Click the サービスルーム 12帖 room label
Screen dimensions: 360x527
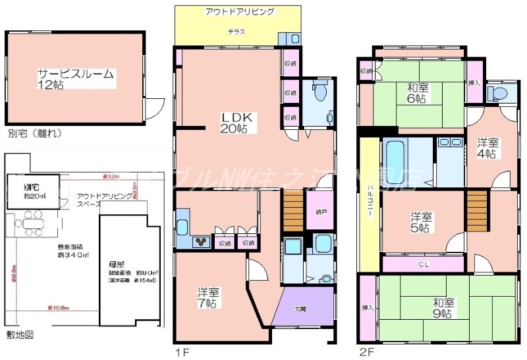click(x=75, y=79)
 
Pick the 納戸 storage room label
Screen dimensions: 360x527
click(x=320, y=212)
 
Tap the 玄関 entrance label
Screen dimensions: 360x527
click(x=300, y=309)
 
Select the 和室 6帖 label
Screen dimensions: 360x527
click(x=416, y=92)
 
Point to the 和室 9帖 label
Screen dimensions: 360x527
click(x=443, y=308)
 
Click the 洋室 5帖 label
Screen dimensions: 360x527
click(x=421, y=222)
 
